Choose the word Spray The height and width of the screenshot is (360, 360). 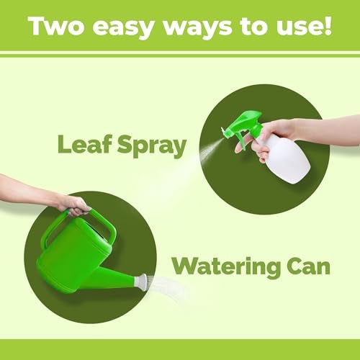click(152, 145)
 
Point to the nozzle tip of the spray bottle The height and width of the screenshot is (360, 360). click(222, 130)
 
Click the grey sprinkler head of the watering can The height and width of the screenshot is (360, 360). click(142, 282)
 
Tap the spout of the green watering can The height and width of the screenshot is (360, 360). click(113, 276)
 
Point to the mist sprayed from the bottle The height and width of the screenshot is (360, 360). click(209, 150)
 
